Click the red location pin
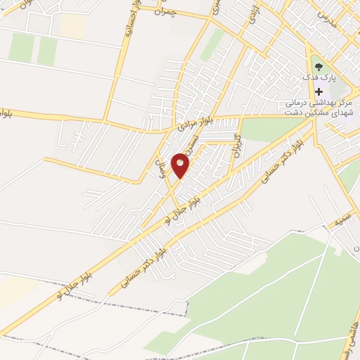click(181, 165)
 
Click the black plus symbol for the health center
click(319, 91)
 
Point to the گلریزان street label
click(240, 144)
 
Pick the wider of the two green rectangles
click(22, 47)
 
